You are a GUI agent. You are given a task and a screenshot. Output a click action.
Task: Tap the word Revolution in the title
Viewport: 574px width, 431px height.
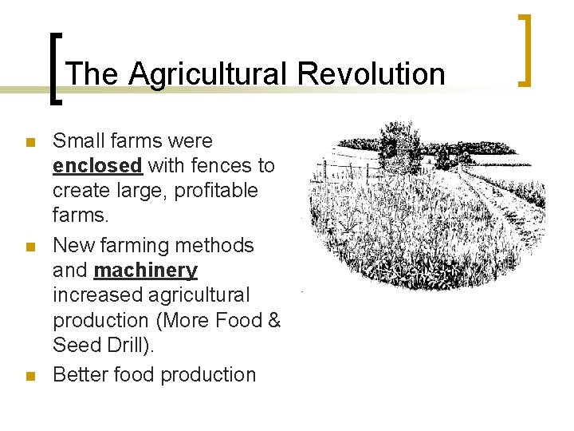coord(371,74)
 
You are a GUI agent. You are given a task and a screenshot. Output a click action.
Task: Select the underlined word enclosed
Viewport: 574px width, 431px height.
coord(97,166)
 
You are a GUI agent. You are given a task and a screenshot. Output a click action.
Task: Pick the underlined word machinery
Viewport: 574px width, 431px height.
coord(145,271)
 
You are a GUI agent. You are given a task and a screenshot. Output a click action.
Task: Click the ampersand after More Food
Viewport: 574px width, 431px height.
coord(275,320)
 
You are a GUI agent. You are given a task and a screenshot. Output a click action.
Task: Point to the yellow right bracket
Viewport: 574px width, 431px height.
coord(525,49)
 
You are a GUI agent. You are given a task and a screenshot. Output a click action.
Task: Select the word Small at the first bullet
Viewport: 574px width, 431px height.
coord(78,141)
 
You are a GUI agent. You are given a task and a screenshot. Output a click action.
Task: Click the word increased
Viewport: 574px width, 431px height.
coord(89,295)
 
